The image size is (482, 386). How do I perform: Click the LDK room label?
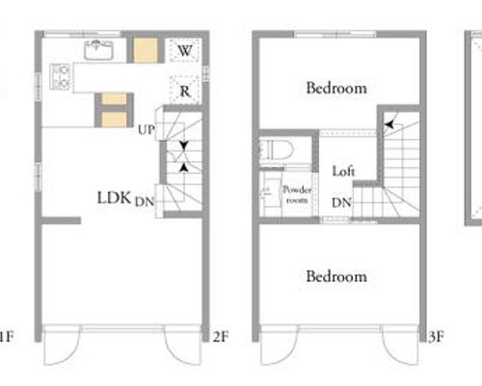point(114,198)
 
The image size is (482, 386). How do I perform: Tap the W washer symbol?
point(185,50)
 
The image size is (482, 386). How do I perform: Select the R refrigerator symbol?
point(185,91)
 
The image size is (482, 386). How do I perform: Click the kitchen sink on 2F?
point(98,50)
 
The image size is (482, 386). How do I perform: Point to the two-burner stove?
point(60,76)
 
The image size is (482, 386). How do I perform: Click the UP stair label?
point(147,130)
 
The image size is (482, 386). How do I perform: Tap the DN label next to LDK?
point(145,202)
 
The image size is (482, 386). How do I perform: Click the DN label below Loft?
point(341,203)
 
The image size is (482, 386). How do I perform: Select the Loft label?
point(343,171)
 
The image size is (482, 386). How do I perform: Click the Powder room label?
point(297,195)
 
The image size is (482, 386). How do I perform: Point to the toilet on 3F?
point(277,151)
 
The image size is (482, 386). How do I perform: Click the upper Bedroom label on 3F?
point(336,88)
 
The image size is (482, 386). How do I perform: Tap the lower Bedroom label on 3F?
point(336,276)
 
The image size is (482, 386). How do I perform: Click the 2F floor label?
point(221,337)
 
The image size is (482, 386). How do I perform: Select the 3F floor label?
point(437,337)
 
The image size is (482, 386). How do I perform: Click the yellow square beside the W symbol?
point(146,50)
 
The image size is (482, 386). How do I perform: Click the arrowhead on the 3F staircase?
point(389,124)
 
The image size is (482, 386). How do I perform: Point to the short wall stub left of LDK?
point(61,221)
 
